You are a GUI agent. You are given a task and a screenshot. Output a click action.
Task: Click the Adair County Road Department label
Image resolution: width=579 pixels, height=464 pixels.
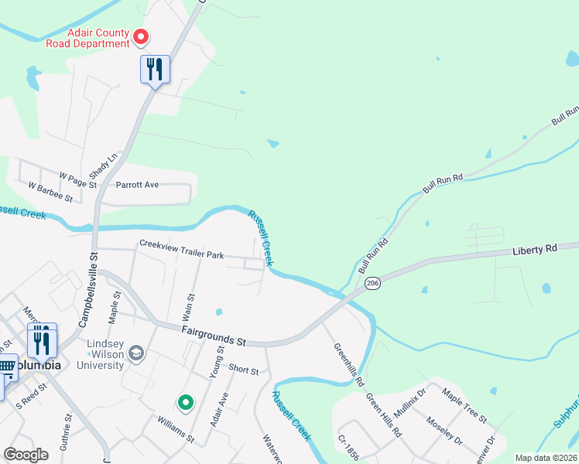tap(98, 38)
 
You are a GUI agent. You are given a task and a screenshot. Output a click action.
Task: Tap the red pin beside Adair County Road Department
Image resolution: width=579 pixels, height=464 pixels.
tap(142, 36)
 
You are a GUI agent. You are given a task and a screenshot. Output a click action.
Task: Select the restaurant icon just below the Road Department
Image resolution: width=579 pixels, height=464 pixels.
tap(155, 70)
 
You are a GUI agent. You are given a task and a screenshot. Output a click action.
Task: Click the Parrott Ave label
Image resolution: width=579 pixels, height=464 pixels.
tap(137, 185)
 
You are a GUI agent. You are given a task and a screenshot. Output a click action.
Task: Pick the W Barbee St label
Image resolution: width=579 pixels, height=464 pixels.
tap(50, 193)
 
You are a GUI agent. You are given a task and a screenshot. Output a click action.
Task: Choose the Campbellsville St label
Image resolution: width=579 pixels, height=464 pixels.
tap(87, 287)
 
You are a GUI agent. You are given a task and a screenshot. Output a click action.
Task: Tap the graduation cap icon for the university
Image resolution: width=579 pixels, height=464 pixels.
tap(136, 353)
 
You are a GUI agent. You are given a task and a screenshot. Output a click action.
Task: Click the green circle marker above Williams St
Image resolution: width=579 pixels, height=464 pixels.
tap(185, 401)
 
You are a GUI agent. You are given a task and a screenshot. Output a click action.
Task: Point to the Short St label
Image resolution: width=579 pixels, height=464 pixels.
tap(244, 370)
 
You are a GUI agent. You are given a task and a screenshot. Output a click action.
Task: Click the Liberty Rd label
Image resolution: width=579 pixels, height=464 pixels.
tap(535, 251)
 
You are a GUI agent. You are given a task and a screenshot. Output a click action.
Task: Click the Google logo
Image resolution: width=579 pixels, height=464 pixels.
tap(26, 455)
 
